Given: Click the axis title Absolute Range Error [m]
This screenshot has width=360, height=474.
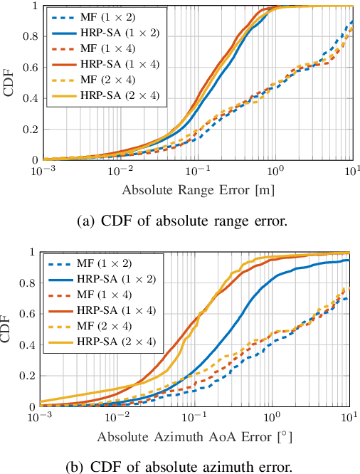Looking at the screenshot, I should [197, 190].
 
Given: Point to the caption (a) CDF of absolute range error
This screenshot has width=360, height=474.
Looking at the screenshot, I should [182, 221].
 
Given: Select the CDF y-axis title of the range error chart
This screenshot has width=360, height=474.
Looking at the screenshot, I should [9, 83].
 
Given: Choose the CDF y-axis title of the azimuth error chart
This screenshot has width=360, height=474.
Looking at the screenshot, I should [9, 329].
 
